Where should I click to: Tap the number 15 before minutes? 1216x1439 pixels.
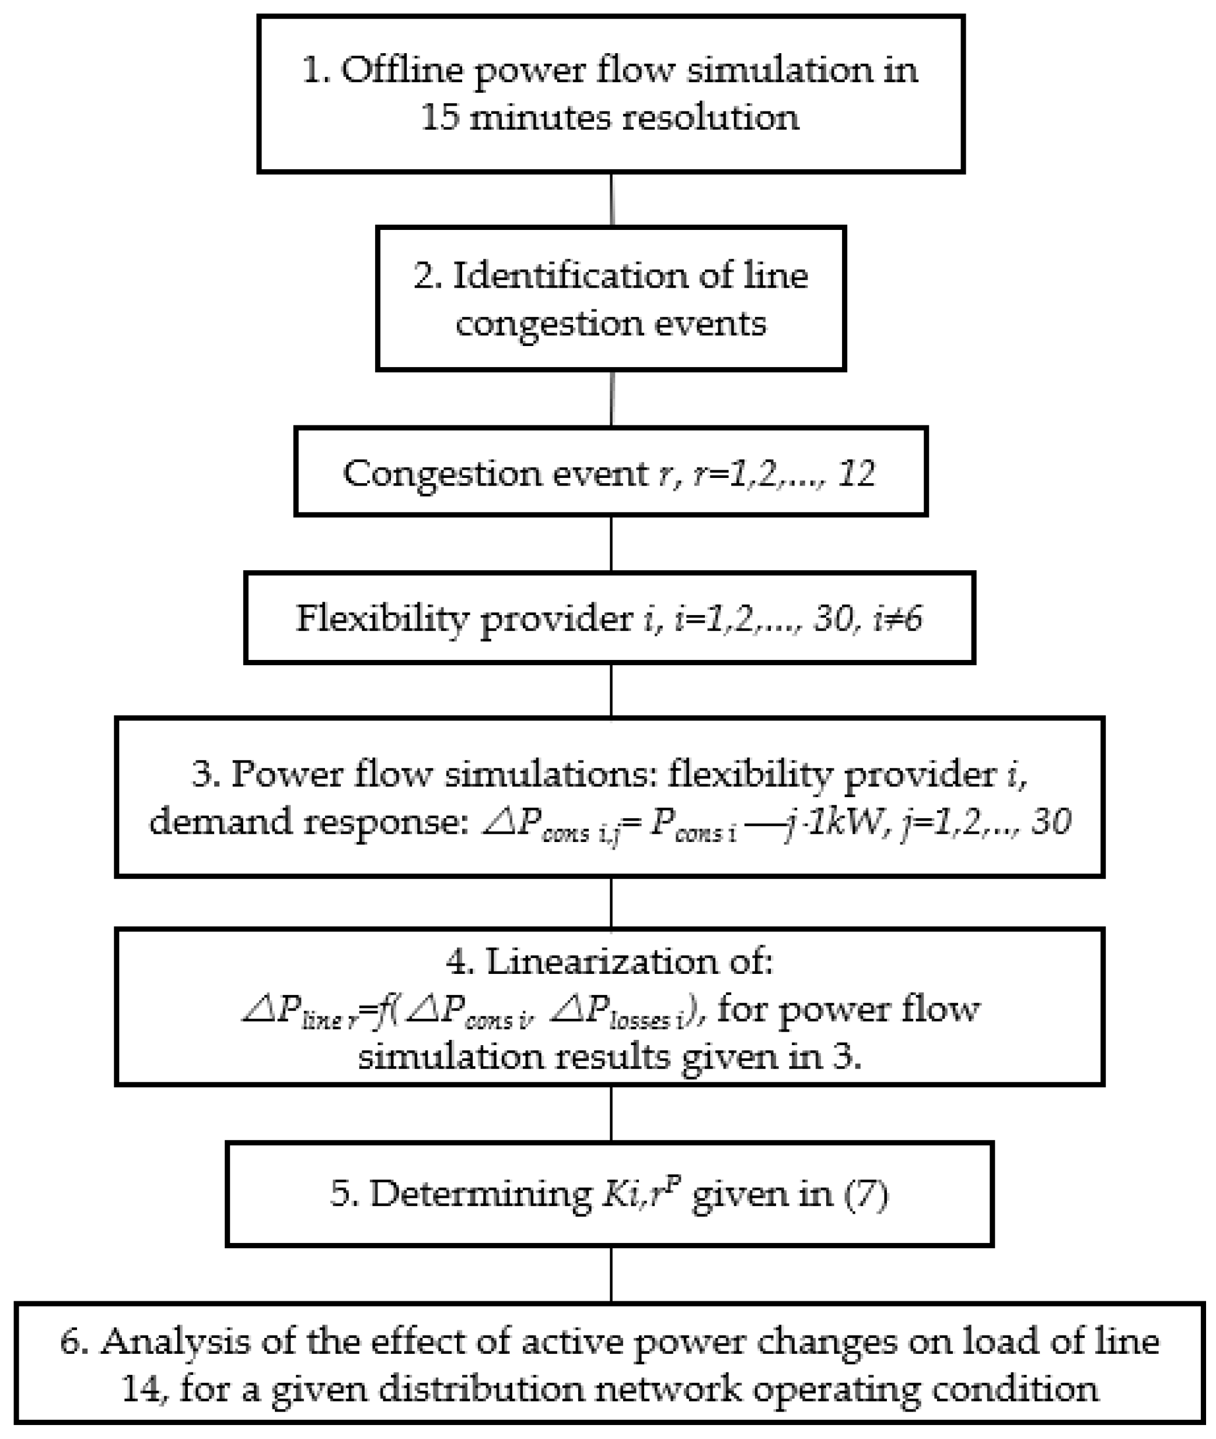(440, 117)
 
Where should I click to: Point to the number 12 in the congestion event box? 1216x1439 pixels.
(856, 474)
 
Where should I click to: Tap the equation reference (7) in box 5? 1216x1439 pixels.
(866, 1193)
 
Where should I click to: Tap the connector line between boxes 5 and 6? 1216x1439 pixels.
(612, 1274)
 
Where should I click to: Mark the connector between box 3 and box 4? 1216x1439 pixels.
(612, 903)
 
